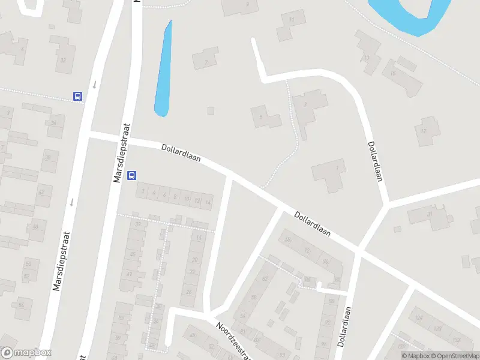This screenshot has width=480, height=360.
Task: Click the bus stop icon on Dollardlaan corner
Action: [x=132, y=176]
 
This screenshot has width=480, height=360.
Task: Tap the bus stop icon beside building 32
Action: [x=77, y=96]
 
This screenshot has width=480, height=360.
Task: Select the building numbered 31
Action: [x=430, y=216]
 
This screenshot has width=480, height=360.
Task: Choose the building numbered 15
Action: [x=403, y=74]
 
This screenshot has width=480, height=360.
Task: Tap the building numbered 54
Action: [x=22, y=305]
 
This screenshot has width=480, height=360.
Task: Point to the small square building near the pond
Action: [x=211, y=110]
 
